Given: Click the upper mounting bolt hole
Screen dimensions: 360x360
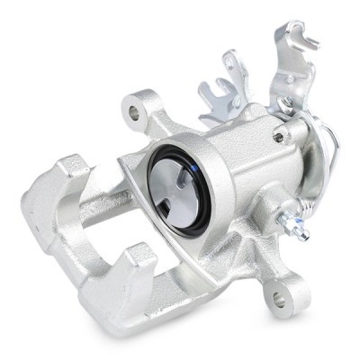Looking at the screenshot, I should (136, 114).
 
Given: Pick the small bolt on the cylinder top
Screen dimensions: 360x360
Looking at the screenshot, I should (281, 138).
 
